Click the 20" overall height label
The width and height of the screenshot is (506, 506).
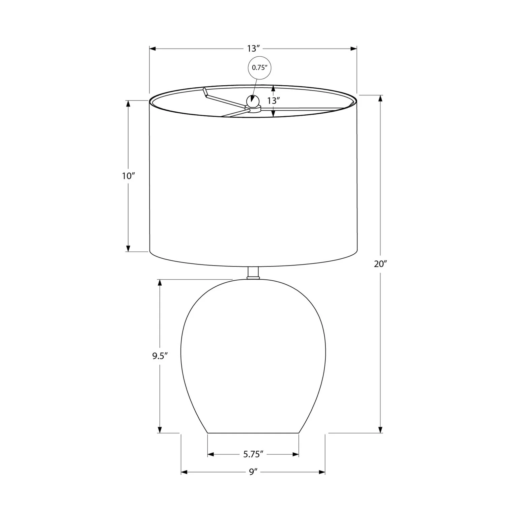click(380, 264)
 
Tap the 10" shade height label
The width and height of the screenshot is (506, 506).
click(129, 176)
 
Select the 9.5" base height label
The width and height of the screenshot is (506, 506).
click(160, 356)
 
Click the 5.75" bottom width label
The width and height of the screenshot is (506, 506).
click(253, 454)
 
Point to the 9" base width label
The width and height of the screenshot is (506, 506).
click(253, 472)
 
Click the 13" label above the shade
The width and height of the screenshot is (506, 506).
click(253, 49)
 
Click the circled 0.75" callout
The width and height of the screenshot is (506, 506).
click(260, 67)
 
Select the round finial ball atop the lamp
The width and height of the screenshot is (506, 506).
click(253, 101)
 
